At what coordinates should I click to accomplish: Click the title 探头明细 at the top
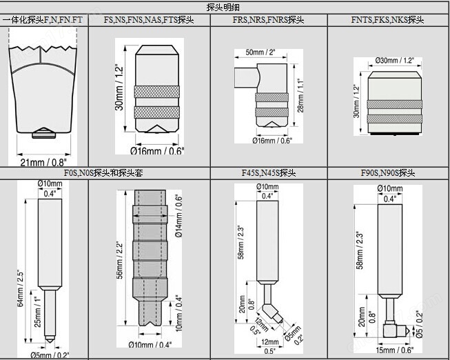(224, 7)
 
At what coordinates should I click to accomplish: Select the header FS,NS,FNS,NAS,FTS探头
(149, 21)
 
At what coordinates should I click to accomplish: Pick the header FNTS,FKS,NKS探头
(386, 21)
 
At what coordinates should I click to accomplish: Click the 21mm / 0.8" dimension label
(43, 161)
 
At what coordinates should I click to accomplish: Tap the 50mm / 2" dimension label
(260, 52)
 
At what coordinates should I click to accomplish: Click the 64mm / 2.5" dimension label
(21, 283)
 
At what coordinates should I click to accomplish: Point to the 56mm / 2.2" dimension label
(119, 261)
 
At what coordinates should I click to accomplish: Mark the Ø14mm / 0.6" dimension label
(178, 215)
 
